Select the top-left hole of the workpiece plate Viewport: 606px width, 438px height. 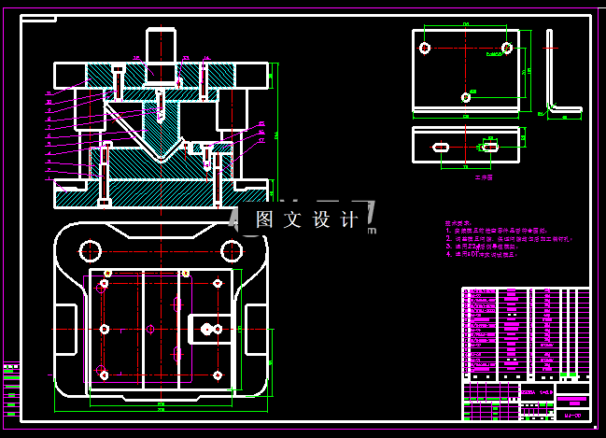coord(425,48)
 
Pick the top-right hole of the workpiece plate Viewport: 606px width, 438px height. coord(506,47)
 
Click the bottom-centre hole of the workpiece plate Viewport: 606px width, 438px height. coord(465,96)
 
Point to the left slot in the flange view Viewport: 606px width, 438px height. coord(441,147)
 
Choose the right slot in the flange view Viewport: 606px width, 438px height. coord(489,146)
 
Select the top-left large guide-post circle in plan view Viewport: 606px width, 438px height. coord(91,249)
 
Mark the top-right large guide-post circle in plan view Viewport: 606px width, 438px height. coord(231,249)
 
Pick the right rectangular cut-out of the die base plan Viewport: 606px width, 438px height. coord(256,330)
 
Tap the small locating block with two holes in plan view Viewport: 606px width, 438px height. coord(208,329)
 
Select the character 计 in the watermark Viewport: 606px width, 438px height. coord(349,219)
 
